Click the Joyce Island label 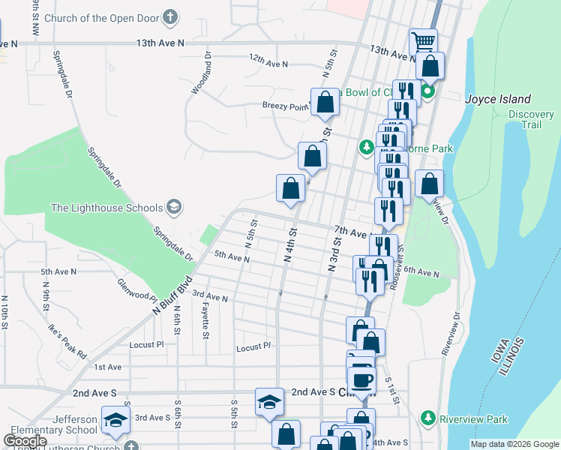498,99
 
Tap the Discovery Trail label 531,119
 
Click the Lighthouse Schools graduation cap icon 174,207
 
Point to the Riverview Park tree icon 428,416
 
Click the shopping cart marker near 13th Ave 424,41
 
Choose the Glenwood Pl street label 136,289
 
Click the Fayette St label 205,323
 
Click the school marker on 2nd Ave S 269,402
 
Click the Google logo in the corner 25,441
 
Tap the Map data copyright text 514,444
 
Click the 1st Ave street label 108,367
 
